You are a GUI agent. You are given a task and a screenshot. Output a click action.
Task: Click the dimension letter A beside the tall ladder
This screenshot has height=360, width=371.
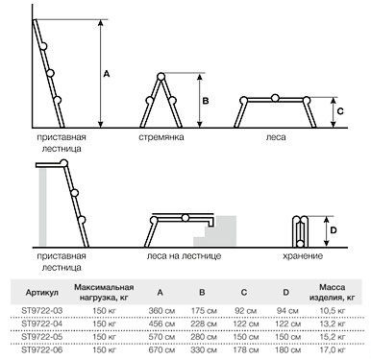[107, 74]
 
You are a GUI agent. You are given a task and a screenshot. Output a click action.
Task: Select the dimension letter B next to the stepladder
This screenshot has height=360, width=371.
[206, 101]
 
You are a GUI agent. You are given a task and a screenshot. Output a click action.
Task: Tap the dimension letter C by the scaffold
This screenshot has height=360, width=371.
[340, 111]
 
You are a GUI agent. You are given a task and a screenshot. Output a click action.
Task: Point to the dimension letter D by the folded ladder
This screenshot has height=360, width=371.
[334, 230]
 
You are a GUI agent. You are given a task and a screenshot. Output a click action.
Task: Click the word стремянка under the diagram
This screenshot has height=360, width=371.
[161, 137]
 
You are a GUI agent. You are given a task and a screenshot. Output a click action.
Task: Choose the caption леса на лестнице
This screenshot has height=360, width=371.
[184, 256]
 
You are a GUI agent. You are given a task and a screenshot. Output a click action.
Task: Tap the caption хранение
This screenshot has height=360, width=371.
[303, 256]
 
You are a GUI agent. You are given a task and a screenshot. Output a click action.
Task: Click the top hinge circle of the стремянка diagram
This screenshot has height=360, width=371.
[161, 77]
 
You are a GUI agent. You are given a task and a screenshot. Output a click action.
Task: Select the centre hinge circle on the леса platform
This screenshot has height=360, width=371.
[275, 98]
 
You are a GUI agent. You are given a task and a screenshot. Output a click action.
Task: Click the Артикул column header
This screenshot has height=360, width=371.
[42, 293]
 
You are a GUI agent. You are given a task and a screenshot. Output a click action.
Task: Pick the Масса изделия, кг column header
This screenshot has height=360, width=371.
[332, 293]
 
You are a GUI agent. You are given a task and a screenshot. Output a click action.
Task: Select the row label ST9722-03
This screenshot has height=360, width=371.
[42, 310]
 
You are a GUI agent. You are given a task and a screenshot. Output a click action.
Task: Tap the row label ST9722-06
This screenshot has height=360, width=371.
[42, 349]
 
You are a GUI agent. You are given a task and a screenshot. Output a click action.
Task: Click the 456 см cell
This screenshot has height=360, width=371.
[161, 324]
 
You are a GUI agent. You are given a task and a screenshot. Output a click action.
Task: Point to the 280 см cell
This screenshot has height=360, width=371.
[204, 337]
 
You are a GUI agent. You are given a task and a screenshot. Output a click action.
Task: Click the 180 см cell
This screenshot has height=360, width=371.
[287, 350]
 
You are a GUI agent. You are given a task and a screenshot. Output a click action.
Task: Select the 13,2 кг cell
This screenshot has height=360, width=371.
[333, 324]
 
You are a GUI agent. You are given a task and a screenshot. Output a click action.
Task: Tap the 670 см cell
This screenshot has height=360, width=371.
[161, 350]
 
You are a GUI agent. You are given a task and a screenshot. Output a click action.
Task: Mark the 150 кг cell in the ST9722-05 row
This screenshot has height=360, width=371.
[104, 337]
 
